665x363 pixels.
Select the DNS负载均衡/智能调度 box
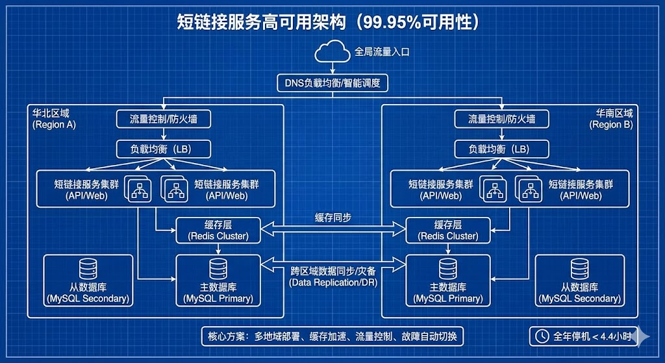click(332, 83)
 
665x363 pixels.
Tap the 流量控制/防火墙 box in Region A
click(164, 119)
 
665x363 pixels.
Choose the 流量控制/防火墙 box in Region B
click(502, 119)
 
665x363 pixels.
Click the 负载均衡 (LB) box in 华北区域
click(164, 149)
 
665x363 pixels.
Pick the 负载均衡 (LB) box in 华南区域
click(502, 149)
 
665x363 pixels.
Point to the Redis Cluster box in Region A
click(218, 230)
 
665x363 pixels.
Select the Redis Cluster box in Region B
click(447, 230)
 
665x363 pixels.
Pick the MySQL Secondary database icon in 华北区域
click(88, 269)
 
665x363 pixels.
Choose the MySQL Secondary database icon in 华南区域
click(579, 269)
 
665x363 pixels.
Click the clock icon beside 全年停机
click(540, 336)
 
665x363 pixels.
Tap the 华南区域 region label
click(614, 113)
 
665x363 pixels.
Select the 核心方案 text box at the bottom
click(332, 336)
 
